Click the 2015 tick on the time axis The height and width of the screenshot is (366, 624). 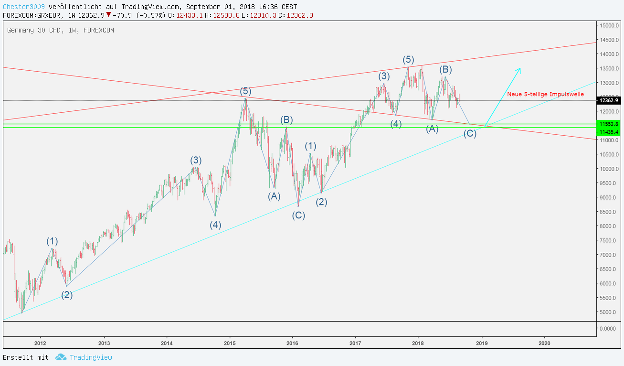click(x=230, y=343)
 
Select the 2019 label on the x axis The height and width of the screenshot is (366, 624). click(x=482, y=343)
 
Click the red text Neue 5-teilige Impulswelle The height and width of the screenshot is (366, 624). click(x=545, y=95)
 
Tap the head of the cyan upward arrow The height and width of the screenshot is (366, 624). click(x=519, y=70)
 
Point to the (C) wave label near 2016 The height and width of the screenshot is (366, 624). click(x=299, y=215)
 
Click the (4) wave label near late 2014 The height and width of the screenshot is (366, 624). click(x=215, y=225)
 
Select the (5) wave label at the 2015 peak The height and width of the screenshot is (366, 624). click(x=245, y=91)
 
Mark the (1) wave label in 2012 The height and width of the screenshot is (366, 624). click(x=52, y=241)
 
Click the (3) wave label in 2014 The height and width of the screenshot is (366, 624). click(x=196, y=160)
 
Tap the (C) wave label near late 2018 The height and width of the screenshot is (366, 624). click(x=470, y=134)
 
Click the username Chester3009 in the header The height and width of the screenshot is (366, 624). click(x=24, y=7)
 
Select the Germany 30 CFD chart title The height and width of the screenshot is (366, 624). click(x=61, y=30)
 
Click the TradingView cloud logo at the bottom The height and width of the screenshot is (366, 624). click(x=60, y=357)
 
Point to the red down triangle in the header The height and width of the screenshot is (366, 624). click(x=109, y=15)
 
